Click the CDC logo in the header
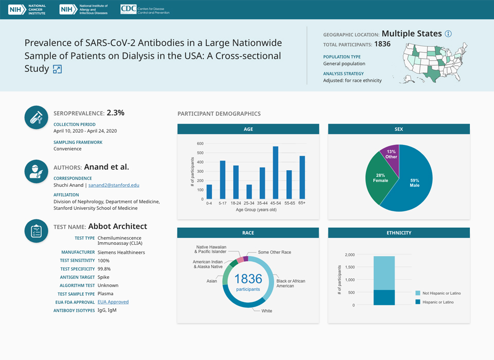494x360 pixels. pos(145,9)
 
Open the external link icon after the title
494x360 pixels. pos(57,69)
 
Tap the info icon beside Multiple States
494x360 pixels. pos(448,34)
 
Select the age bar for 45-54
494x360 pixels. pos(275,173)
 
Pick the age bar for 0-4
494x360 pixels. pos(209,192)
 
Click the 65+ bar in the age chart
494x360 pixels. pos(302,177)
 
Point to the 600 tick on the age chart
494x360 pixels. pos(200,144)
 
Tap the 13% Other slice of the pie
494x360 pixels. pos(391,154)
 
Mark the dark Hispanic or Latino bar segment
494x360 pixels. pos(384,298)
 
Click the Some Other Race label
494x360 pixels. pos(274,253)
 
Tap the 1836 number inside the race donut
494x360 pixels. pos(248,279)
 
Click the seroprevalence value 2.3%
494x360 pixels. pos(115,113)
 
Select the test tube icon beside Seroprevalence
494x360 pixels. pos(37,117)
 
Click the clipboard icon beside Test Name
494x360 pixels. pos(37,231)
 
